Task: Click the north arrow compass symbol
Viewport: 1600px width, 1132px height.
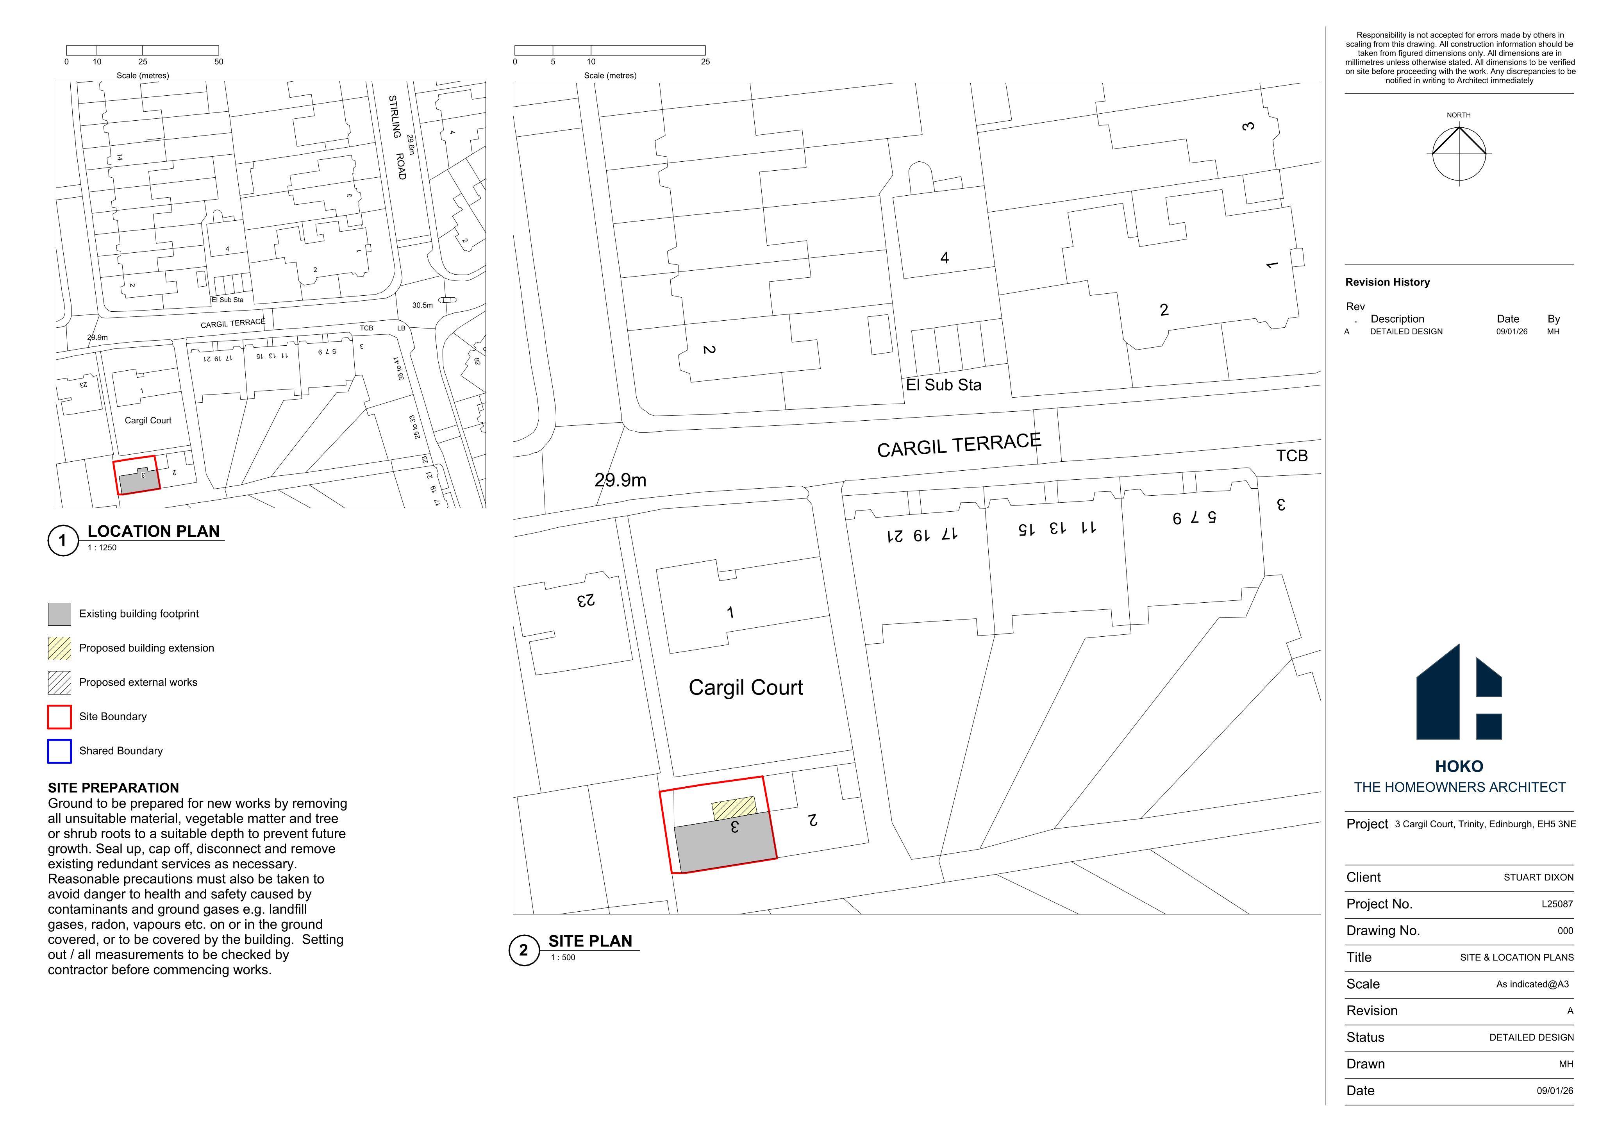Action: [1459, 155]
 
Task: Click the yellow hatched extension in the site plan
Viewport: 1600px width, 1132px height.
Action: [734, 808]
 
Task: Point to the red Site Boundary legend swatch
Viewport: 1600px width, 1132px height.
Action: [59, 716]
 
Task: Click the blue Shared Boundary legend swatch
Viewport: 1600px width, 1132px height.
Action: [59, 751]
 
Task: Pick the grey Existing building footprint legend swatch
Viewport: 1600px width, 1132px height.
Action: [59, 614]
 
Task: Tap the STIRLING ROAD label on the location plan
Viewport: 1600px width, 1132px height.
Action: [396, 137]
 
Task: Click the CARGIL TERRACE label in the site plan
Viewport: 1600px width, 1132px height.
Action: [959, 445]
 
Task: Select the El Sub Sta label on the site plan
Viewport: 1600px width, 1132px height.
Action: [943, 385]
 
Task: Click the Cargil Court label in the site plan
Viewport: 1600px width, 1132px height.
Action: [746, 688]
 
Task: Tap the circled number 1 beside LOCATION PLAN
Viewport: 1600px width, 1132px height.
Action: [63, 540]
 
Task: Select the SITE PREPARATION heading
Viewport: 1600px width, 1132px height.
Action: [114, 787]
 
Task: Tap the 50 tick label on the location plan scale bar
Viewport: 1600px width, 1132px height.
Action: [219, 62]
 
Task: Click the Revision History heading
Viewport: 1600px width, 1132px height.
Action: [1387, 282]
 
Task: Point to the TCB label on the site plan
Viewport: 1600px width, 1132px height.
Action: [1292, 456]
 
